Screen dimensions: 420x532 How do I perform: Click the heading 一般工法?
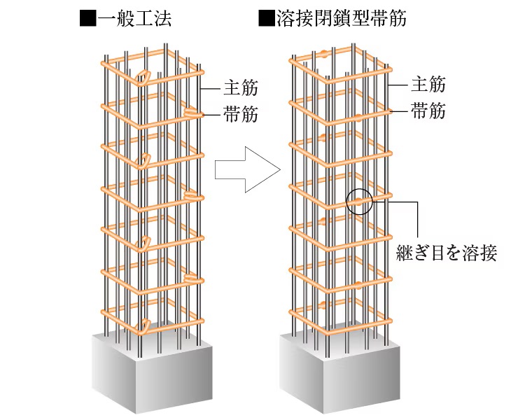point(134,18)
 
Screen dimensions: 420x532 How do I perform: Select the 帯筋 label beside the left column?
point(241,113)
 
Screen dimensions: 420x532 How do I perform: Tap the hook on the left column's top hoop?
point(143,77)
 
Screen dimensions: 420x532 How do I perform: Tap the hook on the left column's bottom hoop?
point(145,324)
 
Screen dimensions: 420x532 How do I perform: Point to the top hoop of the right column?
point(339,63)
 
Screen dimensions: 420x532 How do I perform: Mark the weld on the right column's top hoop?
point(327,53)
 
